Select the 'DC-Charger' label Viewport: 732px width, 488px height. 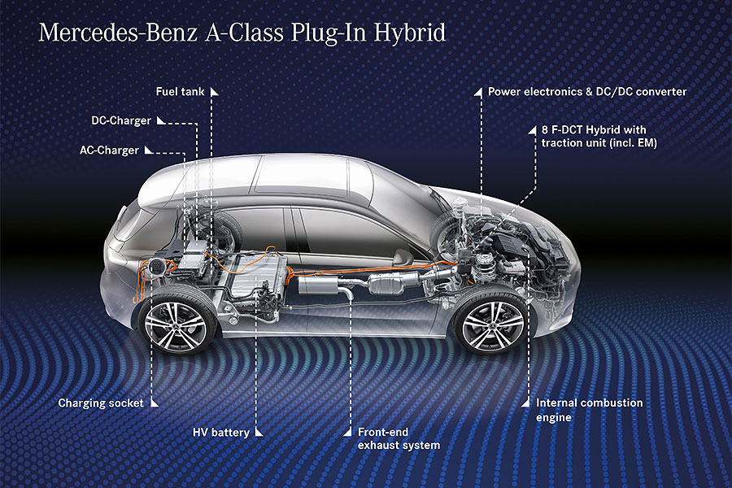tap(120, 121)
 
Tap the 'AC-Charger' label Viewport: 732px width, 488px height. tap(109, 150)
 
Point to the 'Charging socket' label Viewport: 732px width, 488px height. tap(101, 403)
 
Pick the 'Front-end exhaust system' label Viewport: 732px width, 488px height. tap(399, 438)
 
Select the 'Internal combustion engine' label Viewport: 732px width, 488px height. tap(589, 410)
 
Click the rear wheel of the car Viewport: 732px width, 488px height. tap(175, 323)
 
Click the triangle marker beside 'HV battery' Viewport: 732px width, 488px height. tap(258, 432)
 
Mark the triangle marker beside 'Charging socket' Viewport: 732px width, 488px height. tap(154, 403)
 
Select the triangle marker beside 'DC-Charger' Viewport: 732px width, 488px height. tap(160, 121)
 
